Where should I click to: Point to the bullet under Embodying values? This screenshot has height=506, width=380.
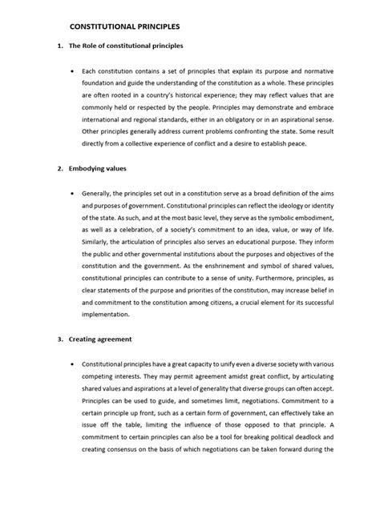coord(73,194)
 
